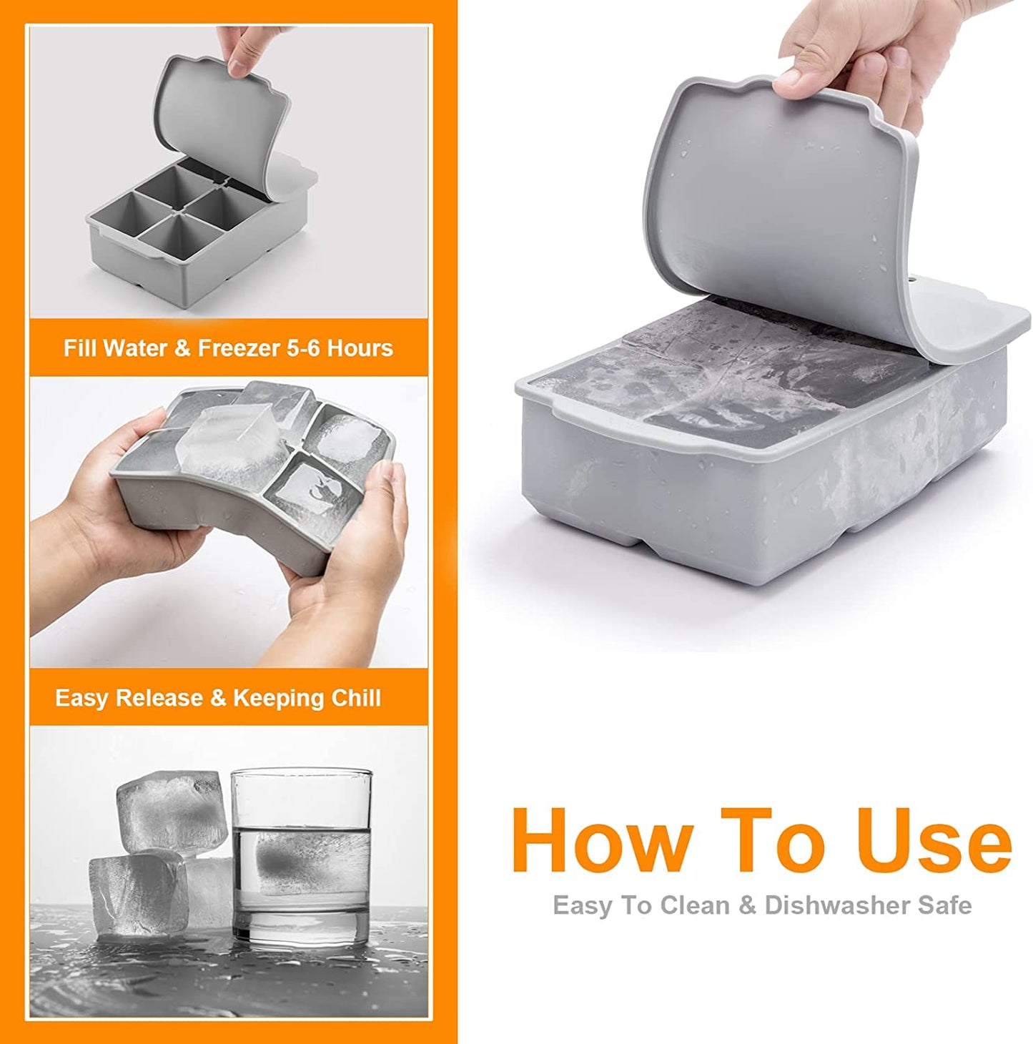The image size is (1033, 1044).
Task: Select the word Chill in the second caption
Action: [356, 698]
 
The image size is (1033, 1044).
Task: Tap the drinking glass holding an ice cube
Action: [302, 858]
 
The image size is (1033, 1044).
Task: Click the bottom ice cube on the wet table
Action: [136, 894]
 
